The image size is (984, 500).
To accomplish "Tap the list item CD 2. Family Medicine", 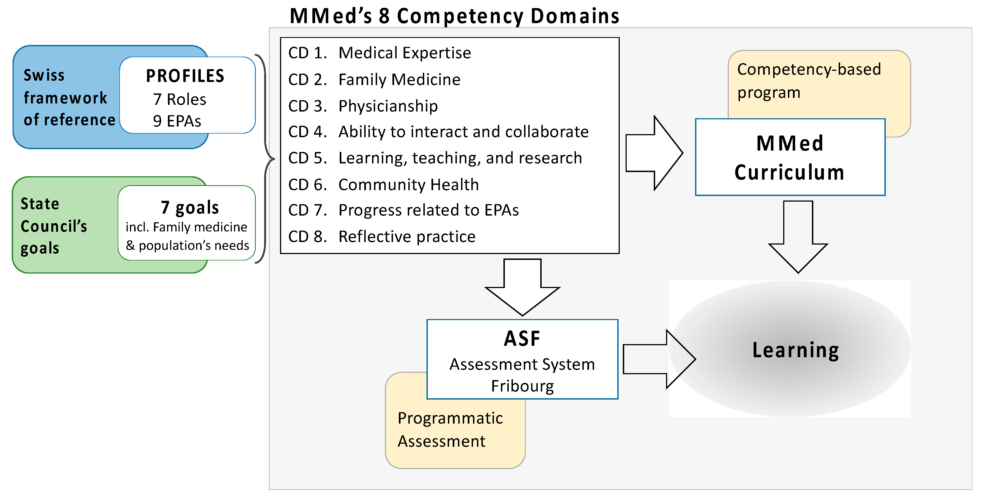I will (x=374, y=79).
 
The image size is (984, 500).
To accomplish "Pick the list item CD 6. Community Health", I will (x=383, y=185).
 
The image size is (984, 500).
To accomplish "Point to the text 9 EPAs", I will (x=177, y=121).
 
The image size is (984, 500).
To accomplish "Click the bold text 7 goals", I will (x=190, y=207).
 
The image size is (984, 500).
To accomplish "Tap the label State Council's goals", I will (x=54, y=226).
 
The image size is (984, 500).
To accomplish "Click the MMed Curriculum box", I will (x=790, y=157).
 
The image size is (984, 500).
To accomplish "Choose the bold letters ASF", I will (x=522, y=339).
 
